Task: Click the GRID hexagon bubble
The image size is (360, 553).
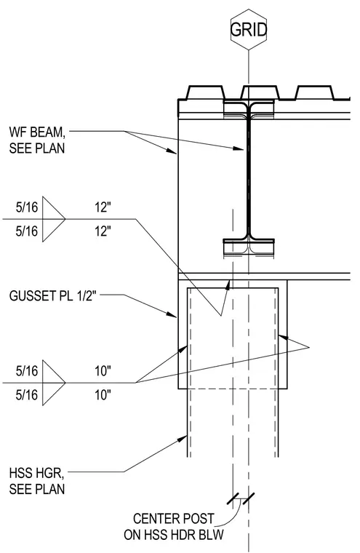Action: (249, 30)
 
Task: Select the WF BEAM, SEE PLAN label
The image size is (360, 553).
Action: (37, 140)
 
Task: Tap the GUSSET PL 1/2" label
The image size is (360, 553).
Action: (52, 295)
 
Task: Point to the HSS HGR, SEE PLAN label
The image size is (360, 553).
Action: (37, 481)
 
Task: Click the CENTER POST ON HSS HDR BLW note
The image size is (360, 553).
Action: (174, 527)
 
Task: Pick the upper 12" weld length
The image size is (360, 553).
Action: (103, 207)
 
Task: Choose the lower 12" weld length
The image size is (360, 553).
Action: (103, 231)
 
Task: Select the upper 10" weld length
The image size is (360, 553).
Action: (103, 370)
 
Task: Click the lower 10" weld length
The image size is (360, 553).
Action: (103, 395)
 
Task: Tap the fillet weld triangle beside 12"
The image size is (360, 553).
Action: (54, 219)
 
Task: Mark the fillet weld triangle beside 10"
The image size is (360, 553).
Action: (54, 383)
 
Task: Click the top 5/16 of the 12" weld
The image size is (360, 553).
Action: (26, 207)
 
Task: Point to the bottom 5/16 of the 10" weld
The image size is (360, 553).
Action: (26, 395)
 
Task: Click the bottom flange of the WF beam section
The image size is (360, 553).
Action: (249, 242)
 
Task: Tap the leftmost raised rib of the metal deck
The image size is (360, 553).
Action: (205, 92)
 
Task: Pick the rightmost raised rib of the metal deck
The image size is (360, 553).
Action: (314, 92)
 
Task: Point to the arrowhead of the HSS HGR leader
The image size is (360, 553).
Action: (183, 438)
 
